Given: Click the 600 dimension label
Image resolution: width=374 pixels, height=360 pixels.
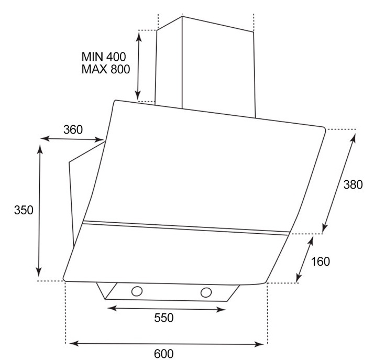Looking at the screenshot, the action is point(163,354).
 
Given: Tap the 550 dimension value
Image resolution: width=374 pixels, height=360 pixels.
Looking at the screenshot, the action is point(163,318).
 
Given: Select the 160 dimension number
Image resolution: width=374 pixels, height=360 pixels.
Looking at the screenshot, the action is point(321,261).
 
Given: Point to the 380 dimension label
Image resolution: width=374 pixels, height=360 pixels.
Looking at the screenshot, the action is point(353,184).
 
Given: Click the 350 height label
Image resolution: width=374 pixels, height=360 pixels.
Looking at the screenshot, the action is point(24,210).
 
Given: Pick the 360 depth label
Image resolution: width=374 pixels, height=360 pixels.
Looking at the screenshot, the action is point(73,129).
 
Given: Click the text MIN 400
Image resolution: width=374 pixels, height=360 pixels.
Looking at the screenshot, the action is point(104,57).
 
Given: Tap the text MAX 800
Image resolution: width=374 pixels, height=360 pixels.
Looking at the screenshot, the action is point(106,69).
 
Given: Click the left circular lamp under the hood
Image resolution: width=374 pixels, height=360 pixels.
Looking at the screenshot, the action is point(137,291).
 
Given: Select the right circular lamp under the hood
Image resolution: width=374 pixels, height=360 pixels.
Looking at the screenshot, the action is point(206,292).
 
